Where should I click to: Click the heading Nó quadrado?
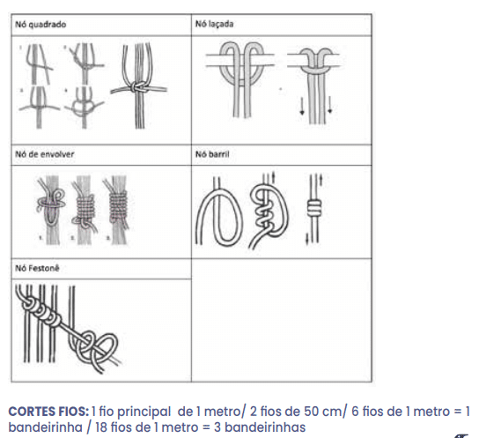tap(41, 25)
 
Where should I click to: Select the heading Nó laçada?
tap(215, 24)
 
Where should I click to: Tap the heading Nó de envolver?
tap(45, 154)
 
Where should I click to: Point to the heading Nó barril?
tap(212, 154)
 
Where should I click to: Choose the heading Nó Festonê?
tap(37, 269)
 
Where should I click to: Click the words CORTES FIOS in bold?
tap(48, 412)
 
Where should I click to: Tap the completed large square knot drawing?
tap(139, 87)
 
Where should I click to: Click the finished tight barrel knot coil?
tap(314, 207)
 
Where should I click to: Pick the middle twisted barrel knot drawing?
tap(269, 211)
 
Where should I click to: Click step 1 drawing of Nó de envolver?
tap(51, 210)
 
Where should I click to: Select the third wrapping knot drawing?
tap(118, 210)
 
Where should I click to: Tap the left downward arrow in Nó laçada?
tap(302, 105)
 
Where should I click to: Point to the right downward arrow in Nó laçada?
tap(330, 105)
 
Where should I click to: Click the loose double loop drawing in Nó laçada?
tap(240, 79)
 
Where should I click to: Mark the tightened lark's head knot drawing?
tap(314, 85)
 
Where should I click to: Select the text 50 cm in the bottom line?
tap(323, 412)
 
